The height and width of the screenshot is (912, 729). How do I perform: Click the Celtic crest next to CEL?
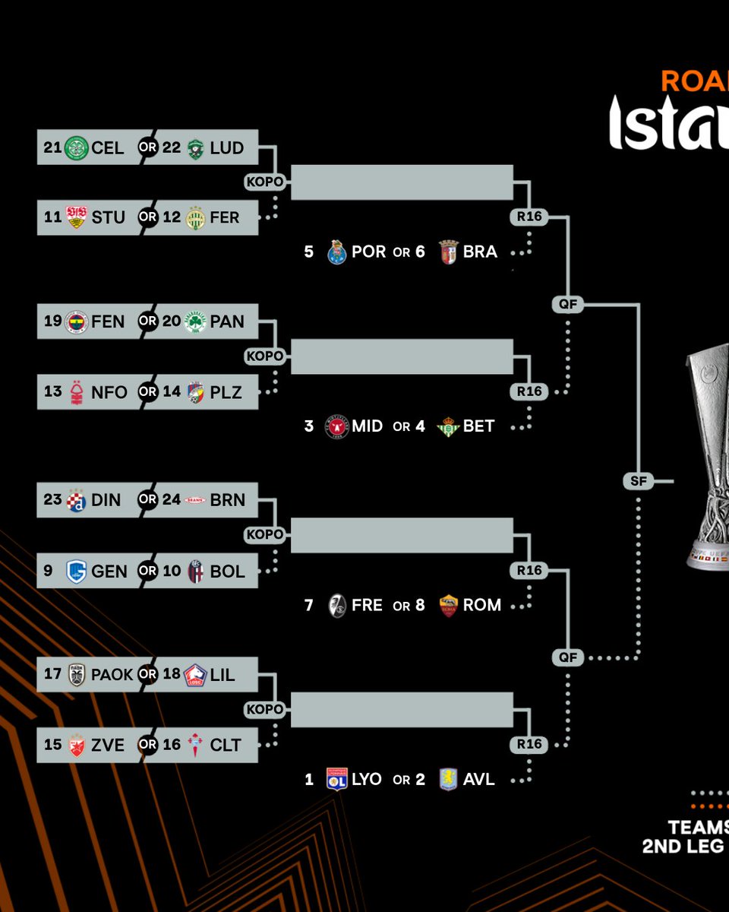coord(77,147)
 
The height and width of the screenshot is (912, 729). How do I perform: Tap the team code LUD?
coord(226,147)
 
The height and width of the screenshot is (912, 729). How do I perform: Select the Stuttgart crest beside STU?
coord(77,217)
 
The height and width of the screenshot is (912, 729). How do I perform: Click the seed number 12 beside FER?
coord(172,217)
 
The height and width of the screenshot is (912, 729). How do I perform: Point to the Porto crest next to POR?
coord(337,252)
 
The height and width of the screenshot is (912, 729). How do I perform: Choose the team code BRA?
coord(480,252)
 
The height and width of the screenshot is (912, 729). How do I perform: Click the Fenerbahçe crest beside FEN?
coord(77,321)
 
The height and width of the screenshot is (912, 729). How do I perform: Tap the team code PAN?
coord(227,321)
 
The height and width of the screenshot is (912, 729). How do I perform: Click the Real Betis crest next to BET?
coord(448,426)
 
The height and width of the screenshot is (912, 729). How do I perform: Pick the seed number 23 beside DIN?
coord(52,500)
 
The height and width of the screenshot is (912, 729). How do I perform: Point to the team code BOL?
coord(226,571)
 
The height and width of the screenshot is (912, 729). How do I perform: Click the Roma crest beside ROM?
coord(449,606)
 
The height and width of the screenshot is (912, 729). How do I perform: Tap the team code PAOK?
coord(112,674)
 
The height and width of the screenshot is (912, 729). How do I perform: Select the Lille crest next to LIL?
coord(195,675)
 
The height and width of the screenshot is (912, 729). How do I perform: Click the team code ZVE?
coord(108,745)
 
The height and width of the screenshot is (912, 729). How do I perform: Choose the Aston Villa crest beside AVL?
coord(449,780)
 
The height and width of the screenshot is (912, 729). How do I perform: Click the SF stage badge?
coord(638,480)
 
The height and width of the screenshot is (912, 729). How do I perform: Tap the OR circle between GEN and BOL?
coord(147,571)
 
